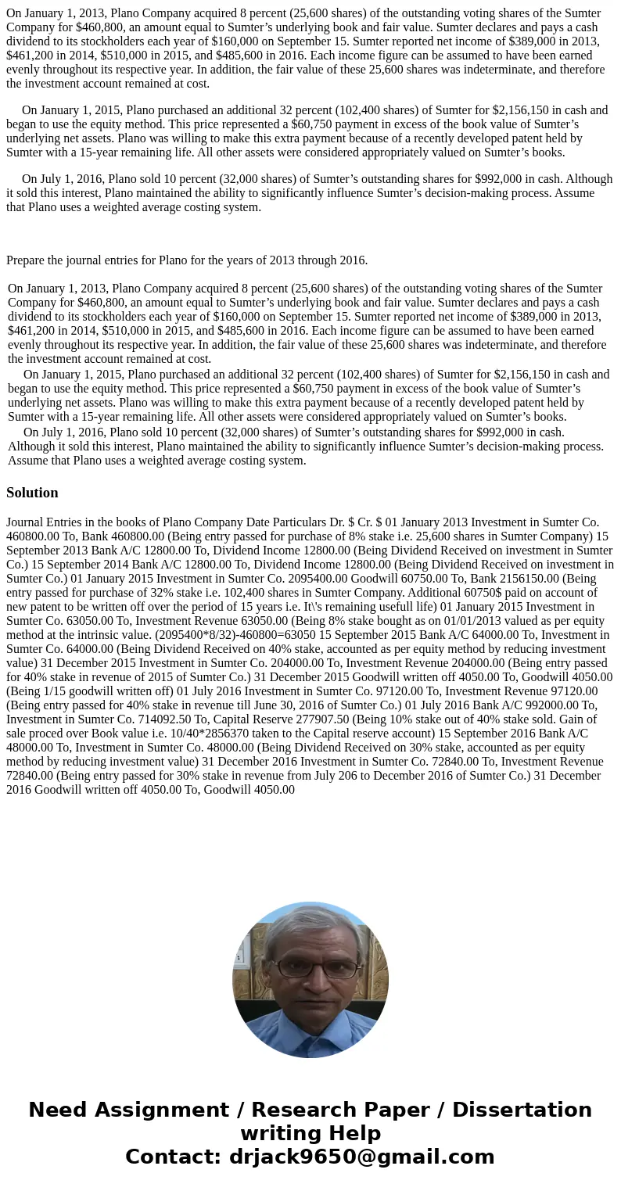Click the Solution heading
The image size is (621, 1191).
point(32,493)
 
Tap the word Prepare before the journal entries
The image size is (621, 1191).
point(29,260)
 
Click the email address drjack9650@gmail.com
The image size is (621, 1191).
point(361,1157)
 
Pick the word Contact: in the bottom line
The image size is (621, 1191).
point(174,1157)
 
